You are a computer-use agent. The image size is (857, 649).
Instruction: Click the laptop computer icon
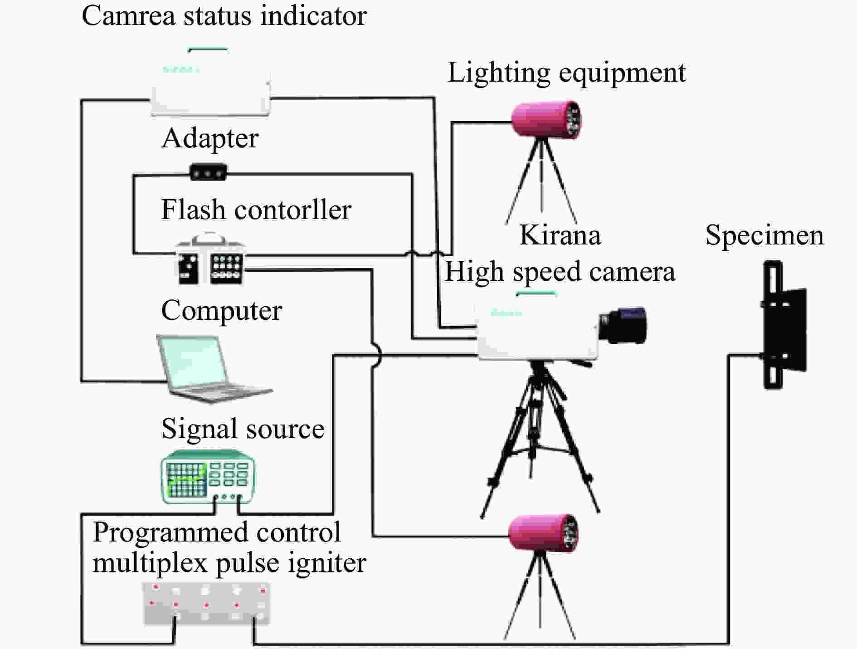tap(213, 368)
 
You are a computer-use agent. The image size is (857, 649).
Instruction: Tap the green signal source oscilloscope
tap(208, 476)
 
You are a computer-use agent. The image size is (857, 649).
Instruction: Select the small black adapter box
tap(208, 172)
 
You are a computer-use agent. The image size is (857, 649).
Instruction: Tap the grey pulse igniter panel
tap(206, 604)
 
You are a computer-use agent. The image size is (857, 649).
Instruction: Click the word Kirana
tap(560, 235)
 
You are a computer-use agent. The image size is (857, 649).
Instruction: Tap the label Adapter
tap(210, 139)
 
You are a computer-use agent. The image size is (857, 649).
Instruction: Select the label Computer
tap(222, 311)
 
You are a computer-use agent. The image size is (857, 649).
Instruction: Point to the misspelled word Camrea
tap(128, 16)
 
